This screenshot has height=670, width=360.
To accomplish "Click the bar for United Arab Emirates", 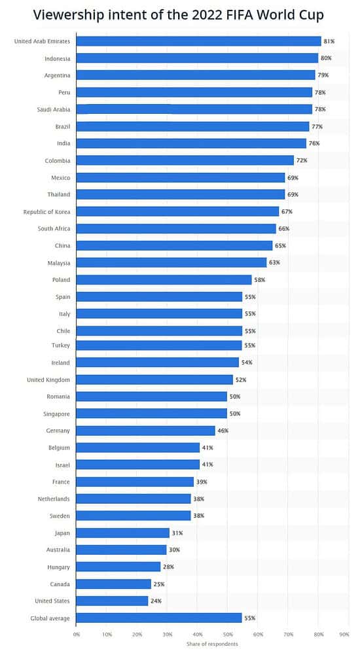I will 198,41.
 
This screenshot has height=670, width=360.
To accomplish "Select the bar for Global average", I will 159,618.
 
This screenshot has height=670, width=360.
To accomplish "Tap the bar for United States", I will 112,601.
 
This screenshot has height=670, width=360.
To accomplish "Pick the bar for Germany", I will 145,431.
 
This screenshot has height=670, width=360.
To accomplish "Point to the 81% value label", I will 329,41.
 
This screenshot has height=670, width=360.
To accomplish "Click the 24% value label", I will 156,601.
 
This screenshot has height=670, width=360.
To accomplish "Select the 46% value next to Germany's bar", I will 223,431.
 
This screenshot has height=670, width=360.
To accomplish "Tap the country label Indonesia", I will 57,58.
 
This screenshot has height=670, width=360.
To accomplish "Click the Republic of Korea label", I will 46,211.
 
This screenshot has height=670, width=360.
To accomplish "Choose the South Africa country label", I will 54,228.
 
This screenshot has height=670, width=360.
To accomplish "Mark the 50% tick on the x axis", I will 228,634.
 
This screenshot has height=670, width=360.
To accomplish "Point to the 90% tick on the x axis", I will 344,634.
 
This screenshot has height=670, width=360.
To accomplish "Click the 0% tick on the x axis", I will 77,634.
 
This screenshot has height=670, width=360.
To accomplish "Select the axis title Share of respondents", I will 212,644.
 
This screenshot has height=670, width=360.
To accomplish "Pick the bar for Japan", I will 122,533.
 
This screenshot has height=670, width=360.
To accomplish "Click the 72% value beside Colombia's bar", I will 302,160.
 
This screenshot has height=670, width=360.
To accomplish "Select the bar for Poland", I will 164,279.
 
